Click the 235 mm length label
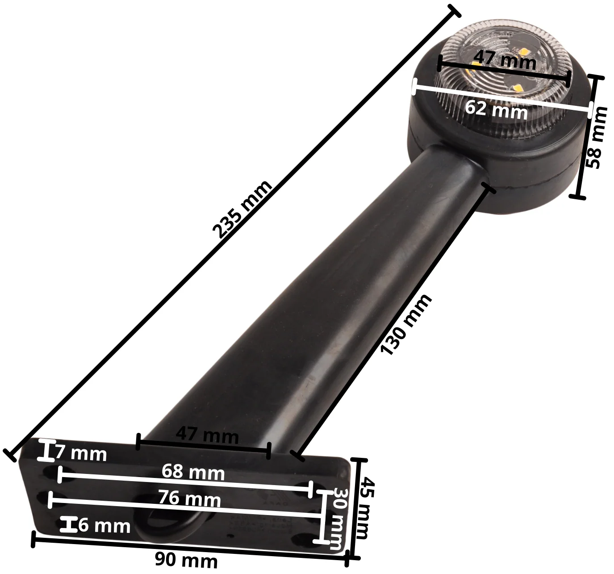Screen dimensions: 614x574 (x=242, y=209)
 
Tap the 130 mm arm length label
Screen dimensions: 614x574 (x=406, y=324)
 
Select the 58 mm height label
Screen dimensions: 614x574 (x=597, y=137)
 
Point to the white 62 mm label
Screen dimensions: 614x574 (x=496, y=110)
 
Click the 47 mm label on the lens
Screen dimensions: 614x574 (x=505, y=60)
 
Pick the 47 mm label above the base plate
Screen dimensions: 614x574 (x=207, y=436)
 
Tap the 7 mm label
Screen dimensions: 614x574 (x=81, y=454)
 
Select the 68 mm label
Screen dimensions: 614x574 (x=193, y=472)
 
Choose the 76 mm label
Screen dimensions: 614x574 (x=189, y=499)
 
